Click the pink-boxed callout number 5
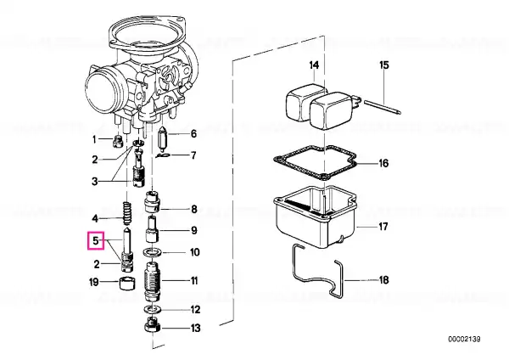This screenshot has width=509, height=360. tap(95, 241)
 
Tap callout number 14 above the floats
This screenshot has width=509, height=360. tap(314, 65)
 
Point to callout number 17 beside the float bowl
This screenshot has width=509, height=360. tap(383, 226)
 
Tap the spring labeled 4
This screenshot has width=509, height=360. tap(127, 213)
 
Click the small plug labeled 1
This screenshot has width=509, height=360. tap(117, 141)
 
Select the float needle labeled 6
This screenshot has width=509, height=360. tap(162, 138)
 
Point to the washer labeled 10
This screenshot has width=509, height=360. tap(152, 252)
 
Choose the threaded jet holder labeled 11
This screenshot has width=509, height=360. tap(152, 281)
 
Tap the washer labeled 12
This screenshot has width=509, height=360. tap(151, 308)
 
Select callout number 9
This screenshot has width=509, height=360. tap(193, 230)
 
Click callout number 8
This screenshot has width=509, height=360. tap(193, 209)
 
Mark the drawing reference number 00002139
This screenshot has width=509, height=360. tap(464, 340)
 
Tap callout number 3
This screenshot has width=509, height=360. tap(94, 181)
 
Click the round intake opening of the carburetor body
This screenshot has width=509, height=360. tap(102, 92)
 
